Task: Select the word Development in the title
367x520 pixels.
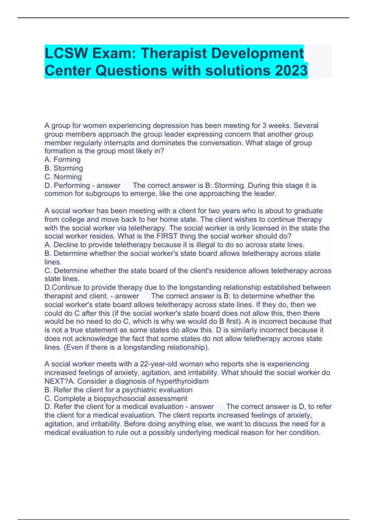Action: pyautogui.click(x=257, y=53)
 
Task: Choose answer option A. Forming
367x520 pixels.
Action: pyautogui.click(x=62, y=160)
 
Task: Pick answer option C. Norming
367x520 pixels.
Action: pyautogui.click(x=63, y=177)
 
